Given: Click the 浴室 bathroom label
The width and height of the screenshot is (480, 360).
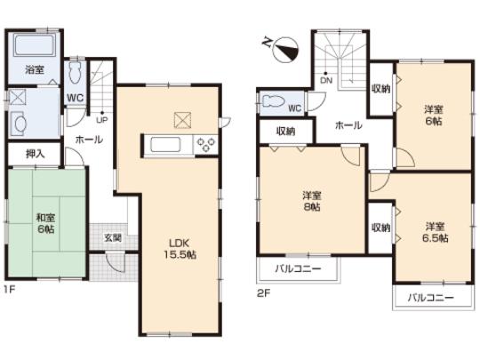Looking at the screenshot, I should tap(34, 69).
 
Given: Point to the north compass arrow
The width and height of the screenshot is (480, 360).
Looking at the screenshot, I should tap(283, 44).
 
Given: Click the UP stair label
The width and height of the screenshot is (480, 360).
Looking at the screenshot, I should tap(103, 118).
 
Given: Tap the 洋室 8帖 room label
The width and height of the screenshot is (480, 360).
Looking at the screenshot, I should tap(312, 201).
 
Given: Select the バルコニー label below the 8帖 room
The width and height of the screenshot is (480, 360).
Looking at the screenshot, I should tap(298, 267).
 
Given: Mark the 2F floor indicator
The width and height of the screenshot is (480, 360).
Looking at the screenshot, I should tap(262, 292).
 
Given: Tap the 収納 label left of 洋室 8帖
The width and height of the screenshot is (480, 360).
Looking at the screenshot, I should tap(285, 131).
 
